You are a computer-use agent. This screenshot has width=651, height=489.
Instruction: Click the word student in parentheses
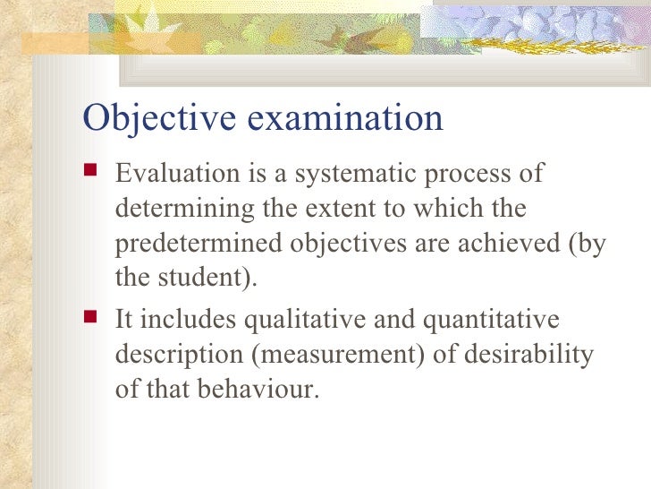click(200, 279)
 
